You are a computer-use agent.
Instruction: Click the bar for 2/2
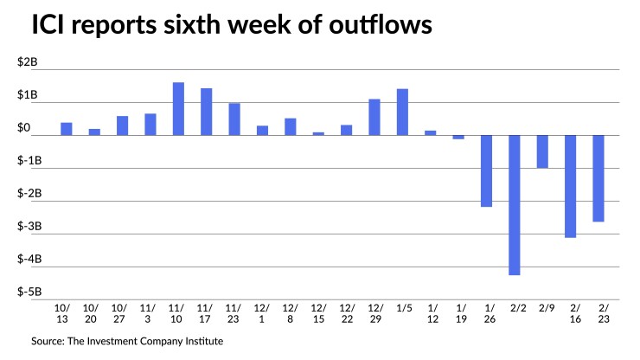[515, 205]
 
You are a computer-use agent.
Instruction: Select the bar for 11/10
[178, 109]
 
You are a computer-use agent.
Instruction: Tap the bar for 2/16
[570, 186]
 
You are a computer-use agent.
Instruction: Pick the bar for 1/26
[487, 170]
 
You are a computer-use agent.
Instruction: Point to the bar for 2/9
[542, 151]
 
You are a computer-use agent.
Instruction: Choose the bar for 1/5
[402, 112]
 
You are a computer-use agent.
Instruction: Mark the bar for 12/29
[374, 118]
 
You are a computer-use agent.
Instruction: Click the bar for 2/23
[598, 178]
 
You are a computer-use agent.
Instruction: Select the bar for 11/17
[207, 112]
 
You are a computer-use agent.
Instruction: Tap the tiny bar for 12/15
[318, 133]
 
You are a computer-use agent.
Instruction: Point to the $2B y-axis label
[28, 61]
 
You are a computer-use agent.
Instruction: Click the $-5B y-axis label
[29, 292]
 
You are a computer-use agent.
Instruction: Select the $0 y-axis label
[24, 127]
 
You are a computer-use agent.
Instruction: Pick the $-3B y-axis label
[29, 226]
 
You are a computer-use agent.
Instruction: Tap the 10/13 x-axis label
[62, 313]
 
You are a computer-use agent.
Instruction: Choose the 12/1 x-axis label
[262, 313]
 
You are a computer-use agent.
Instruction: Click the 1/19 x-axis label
[461, 313]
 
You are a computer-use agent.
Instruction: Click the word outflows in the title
[381, 24]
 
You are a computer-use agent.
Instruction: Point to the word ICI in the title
[48, 24]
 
